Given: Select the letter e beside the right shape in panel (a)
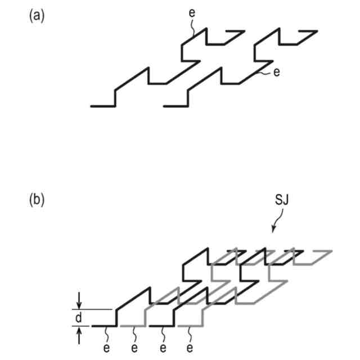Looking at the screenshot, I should pos(276,73).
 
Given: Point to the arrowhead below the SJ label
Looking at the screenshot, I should pos(273,229).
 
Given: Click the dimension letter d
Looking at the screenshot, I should pos(78,318).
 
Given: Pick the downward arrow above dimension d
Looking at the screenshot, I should pos(78,300).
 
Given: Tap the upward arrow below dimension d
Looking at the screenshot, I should pos(78,336).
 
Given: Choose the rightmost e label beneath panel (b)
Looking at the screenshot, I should pos(190,348).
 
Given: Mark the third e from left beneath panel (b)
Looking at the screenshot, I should pos(163,348).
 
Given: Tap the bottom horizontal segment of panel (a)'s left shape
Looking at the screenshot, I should pos(102,105).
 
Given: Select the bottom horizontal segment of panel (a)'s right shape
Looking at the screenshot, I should pos(174,105).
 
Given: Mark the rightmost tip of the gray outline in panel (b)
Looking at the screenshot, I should pos(331,250).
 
